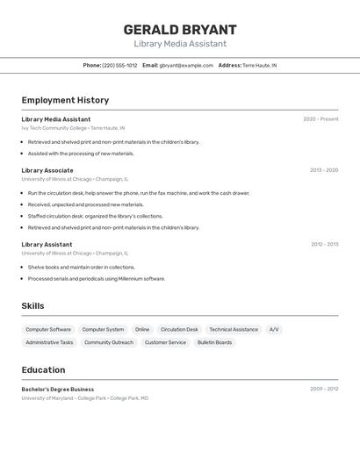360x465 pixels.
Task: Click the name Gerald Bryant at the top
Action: [180, 30]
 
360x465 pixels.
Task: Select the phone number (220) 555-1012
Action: [119, 65]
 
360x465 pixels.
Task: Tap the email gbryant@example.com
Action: [186, 65]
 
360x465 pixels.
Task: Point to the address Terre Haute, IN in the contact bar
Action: [259, 65]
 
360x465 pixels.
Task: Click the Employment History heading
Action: [65, 100]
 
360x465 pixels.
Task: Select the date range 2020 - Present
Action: [320, 119]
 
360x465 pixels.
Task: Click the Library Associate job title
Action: [47, 170]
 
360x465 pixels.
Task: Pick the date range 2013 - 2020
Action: [324, 170]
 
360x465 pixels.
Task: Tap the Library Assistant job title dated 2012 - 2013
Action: [47, 245]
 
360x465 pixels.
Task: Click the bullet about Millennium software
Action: [96, 279]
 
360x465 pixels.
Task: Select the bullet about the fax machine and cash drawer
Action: [138, 193]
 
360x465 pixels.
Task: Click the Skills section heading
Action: [33, 306]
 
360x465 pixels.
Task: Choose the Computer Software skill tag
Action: [48, 330]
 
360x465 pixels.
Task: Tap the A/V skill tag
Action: [274, 330]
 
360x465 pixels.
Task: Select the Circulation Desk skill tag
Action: [179, 330]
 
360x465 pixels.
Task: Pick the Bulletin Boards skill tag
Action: [214, 342]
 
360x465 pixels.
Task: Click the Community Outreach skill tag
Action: [109, 342]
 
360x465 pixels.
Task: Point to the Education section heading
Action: [43, 370]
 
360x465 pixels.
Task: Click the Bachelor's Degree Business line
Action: [58, 389]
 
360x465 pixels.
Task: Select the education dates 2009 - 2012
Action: [324, 389]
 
